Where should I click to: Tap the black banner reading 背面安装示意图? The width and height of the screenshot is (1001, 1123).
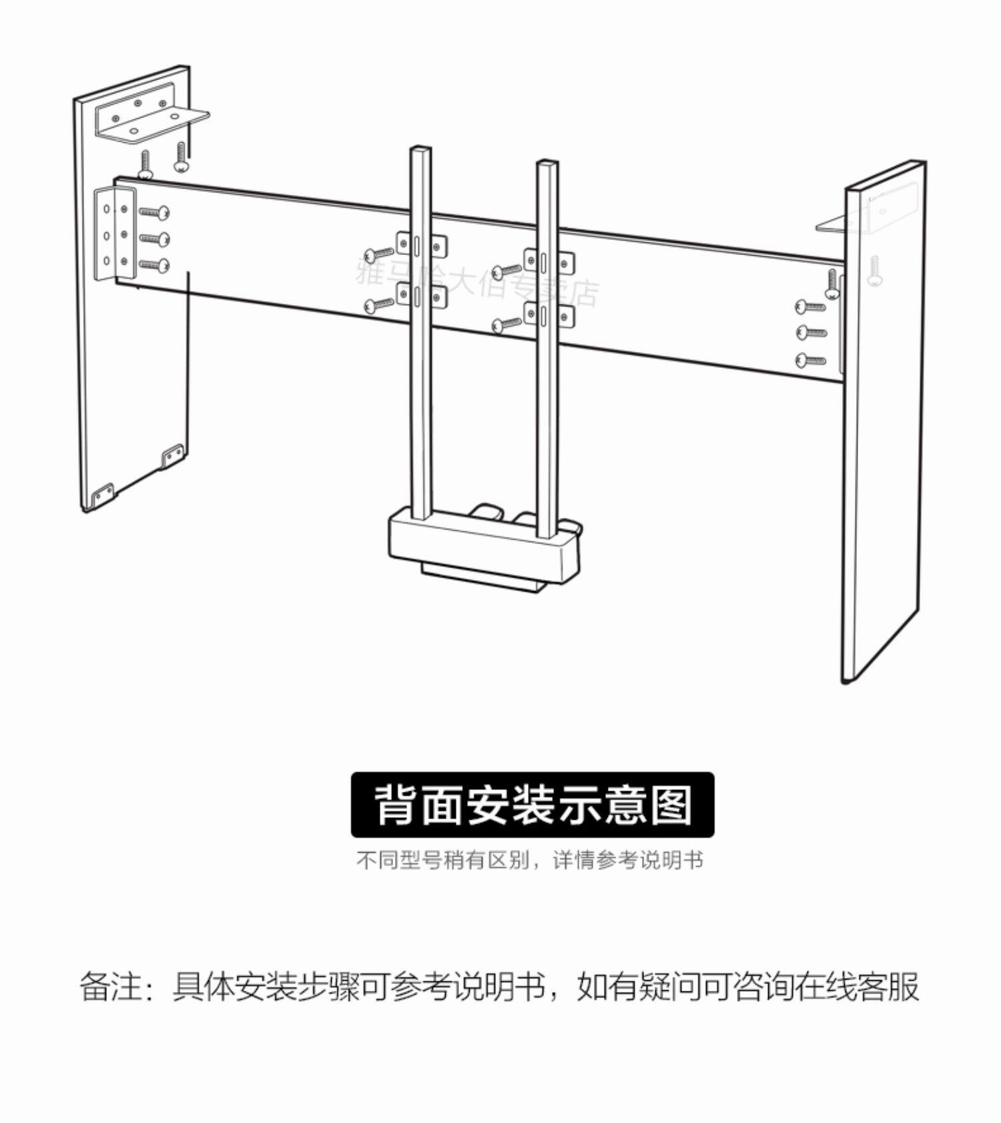tap(532, 805)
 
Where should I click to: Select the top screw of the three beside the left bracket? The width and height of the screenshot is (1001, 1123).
tap(154, 213)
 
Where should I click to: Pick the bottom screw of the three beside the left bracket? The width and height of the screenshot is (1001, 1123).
tap(154, 266)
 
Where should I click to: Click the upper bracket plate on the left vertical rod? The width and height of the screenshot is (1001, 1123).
tap(422, 245)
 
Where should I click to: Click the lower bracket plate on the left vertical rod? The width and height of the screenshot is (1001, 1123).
tap(422, 296)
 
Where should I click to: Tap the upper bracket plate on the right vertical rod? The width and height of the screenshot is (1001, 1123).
tap(549, 261)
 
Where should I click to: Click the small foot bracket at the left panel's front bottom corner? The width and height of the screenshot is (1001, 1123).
tap(102, 495)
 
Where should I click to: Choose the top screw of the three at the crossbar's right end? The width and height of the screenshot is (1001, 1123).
tap(811, 307)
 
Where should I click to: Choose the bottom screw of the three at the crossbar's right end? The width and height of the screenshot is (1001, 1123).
tap(811, 361)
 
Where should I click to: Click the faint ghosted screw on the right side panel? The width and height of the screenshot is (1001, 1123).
tap(876, 271)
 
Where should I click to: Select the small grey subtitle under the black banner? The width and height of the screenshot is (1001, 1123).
tap(530, 860)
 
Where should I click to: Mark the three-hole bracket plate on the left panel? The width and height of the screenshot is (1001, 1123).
tap(114, 233)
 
